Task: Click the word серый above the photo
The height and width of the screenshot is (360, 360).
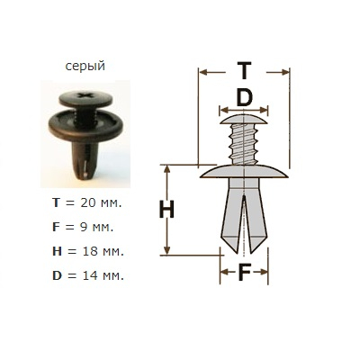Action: (x=85, y=66)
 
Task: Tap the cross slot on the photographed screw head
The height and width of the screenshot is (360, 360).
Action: (x=85, y=95)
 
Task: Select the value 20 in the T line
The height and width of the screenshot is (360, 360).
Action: (x=88, y=203)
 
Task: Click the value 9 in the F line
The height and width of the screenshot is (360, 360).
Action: (x=84, y=227)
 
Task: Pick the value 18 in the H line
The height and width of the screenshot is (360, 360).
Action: (x=90, y=251)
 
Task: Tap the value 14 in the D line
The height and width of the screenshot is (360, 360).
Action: (x=90, y=275)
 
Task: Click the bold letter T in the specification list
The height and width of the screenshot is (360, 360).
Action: (x=56, y=203)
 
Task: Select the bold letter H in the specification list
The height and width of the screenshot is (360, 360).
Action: (x=57, y=251)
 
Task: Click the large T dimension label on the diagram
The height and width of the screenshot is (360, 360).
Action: (x=244, y=70)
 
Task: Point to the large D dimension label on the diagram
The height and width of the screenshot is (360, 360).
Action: (x=244, y=97)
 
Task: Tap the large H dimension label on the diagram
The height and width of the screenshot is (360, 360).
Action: (x=166, y=209)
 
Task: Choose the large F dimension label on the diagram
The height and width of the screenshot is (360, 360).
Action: (x=244, y=272)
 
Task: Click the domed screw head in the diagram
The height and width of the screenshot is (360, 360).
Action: (x=244, y=120)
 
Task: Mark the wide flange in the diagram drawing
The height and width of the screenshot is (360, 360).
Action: (x=244, y=172)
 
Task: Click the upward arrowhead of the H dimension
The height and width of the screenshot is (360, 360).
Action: (x=166, y=169)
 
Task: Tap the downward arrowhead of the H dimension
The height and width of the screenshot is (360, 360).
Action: (x=166, y=250)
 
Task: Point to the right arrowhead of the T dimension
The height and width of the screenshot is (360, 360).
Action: (x=285, y=72)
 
